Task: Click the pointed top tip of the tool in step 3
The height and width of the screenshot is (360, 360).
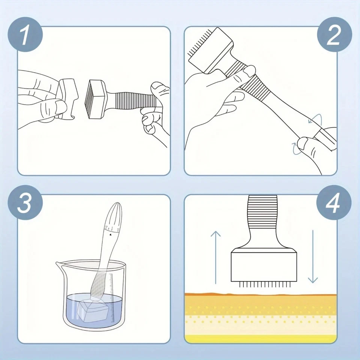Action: click(x=115, y=205)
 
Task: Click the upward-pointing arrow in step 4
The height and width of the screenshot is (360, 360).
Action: click(x=215, y=257)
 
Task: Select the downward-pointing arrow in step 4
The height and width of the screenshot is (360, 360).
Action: click(x=312, y=257)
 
